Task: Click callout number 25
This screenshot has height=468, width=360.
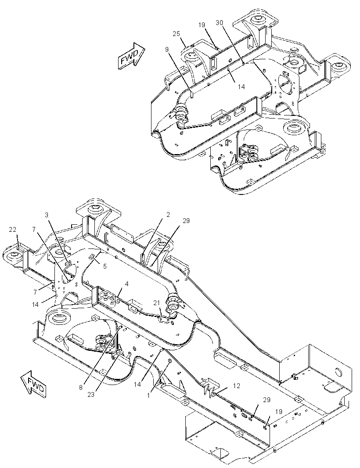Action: (176, 34)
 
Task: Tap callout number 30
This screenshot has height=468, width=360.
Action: (220, 23)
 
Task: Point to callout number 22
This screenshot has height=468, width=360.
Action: (13, 230)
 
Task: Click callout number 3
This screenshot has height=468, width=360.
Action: (47, 215)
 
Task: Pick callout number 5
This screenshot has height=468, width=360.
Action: (105, 266)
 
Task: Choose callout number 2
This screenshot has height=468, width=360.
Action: (168, 215)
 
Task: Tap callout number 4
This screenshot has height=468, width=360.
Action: (126, 284)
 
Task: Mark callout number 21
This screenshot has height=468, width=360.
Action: (157, 303)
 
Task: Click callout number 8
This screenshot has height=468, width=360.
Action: (81, 388)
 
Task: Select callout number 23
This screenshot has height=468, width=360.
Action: (91, 395)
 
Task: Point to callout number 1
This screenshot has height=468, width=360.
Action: (148, 395)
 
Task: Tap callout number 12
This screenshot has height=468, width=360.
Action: (237, 386)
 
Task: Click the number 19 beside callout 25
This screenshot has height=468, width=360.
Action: (202, 25)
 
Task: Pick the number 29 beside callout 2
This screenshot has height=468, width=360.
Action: (186, 221)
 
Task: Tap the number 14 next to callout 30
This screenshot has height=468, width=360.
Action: (241, 86)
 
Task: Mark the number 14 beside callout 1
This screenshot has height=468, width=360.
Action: (137, 385)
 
